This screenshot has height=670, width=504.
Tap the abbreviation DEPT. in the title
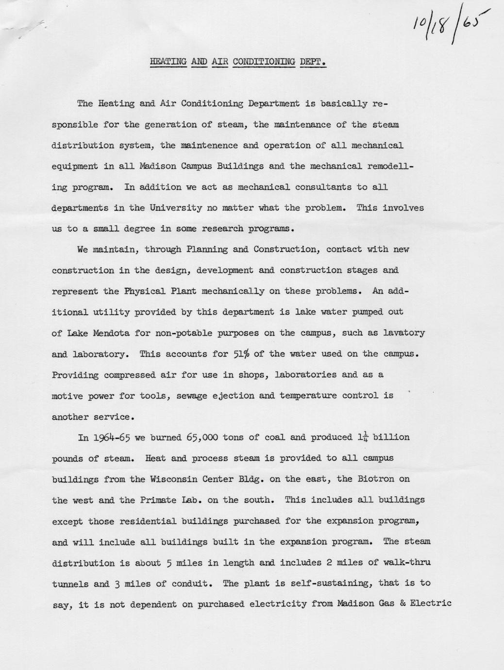point(313,62)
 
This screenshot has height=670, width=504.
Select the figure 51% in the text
point(242,353)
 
